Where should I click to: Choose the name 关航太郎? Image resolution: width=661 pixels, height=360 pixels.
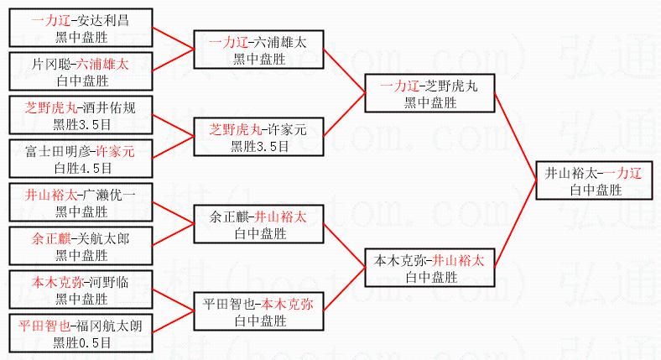105,238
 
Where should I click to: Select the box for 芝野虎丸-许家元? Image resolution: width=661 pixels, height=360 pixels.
258,137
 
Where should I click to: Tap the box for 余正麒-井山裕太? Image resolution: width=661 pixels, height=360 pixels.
258,224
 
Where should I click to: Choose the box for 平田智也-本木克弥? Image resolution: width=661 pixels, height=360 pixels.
258,311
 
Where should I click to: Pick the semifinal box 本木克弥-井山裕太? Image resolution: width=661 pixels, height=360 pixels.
429,268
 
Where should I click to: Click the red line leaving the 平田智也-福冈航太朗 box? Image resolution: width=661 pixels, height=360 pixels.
172,323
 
